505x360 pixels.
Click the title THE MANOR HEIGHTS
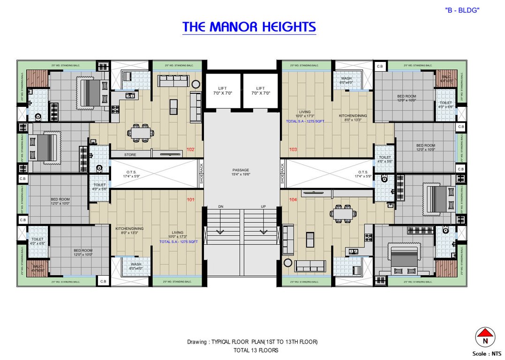pyautogui.click(x=249, y=27)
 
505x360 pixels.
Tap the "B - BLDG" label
pyautogui.click(x=462, y=10)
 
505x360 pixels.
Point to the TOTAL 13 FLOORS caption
pyautogui.click(x=256, y=350)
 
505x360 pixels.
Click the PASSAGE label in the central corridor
pyautogui.click(x=241, y=170)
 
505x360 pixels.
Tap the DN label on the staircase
pyautogui.click(x=220, y=207)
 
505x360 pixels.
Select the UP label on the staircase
pyautogui.click(x=264, y=207)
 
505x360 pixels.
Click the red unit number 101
pyautogui.click(x=190, y=200)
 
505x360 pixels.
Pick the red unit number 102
pyautogui.click(x=190, y=150)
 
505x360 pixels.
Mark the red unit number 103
pyautogui.click(x=293, y=150)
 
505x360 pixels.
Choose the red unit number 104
pyautogui.click(x=293, y=200)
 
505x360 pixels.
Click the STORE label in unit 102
pyautogui.click(x=130, y=154)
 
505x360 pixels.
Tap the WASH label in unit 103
pyautogui.click(x=346, y=79)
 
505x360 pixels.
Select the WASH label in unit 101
pyautogui.click(x=136, y=264)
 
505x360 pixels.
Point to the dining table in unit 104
pyautogui.click(x=342, y=214)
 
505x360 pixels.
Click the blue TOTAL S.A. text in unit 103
pyautogui.click(x=305, y=121)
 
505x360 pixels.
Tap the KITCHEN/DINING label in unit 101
pyautogui.click(x=129, y=229)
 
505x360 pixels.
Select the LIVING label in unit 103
pyautogui.click(x=305, y=112)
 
